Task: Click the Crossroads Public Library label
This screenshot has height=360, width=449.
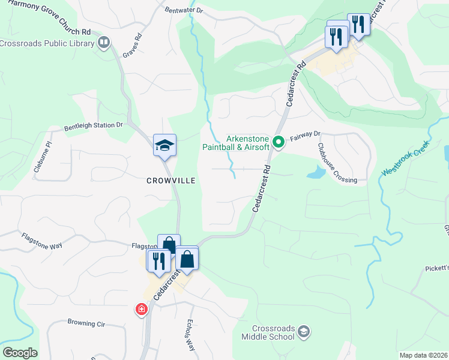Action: (47, 43)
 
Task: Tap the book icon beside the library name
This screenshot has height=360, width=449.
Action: (104, 42)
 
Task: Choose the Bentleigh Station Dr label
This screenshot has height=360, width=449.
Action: (93, 127)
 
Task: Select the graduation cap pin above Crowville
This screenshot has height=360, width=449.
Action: (164, 145)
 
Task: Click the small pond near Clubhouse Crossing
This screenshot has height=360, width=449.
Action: (316, 173)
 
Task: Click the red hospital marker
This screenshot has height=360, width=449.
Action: (141, 309)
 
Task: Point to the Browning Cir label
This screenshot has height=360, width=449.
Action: (86, 324)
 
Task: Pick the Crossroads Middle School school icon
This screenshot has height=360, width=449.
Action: (304, 332)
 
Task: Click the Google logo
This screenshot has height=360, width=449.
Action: (19, 353)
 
